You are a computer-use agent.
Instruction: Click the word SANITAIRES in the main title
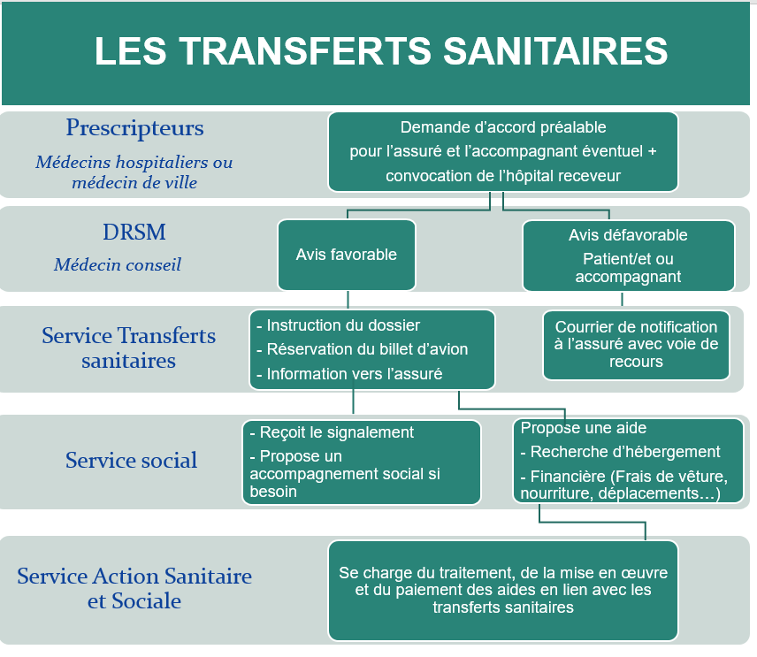coord(555,51)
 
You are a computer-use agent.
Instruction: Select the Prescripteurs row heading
coord(134,128)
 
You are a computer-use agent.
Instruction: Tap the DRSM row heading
coord(134,233)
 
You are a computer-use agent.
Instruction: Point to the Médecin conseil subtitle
coord(118,264)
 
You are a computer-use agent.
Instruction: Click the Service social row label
coord(131,460)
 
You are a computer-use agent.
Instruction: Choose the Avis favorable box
coord(347,255)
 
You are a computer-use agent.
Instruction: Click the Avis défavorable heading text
coord(628,235)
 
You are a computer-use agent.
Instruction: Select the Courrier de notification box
coord(636,345)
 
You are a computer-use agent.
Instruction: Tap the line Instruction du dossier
coord(338,325)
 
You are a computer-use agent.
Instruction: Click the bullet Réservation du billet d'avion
coord(362,349)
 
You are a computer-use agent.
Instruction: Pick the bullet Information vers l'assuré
coord(349,374)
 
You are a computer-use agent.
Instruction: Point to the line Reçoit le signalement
coord(332,432)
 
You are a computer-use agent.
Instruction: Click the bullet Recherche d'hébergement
coord(621,452)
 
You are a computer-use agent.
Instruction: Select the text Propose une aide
coord(583,428)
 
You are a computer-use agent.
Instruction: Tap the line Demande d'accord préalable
coord(503,127)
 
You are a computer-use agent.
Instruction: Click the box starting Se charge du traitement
coord(503,591)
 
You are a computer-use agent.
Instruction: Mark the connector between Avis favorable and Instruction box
coord(348,300)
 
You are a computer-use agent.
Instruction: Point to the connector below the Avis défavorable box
coord(622,299)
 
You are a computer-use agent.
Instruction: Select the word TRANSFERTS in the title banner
coord(306,51)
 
